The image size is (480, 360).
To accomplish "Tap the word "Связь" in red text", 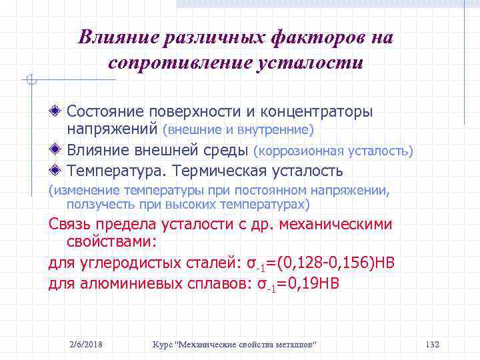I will (70, 224).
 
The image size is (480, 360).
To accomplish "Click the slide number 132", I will (432, 344).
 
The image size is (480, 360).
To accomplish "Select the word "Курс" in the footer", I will (162, 344).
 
